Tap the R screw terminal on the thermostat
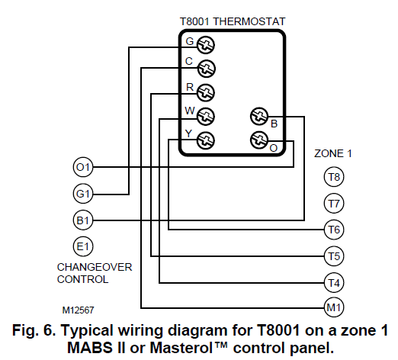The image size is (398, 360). (x=204, y=92)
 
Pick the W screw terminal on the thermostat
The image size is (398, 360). (x=204, y=117)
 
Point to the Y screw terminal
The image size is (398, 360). (x=204, y=140)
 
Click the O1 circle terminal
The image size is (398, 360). (x=82, y=166)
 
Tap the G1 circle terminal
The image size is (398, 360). (x=82, y=193)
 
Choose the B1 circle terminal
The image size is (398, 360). (x=82, y=220)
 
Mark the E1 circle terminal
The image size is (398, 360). (x=82, y=246)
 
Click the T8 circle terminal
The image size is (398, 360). (x=333, y=178)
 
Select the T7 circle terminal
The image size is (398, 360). (x=333, y=204)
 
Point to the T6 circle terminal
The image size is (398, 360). (x=333, y=229)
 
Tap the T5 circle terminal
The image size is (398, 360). (x=333, y=255)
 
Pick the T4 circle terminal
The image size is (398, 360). (x=333, y=281)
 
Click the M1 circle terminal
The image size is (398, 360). (x=333, y=307)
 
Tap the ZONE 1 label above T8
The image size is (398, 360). (x=333, y=153)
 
